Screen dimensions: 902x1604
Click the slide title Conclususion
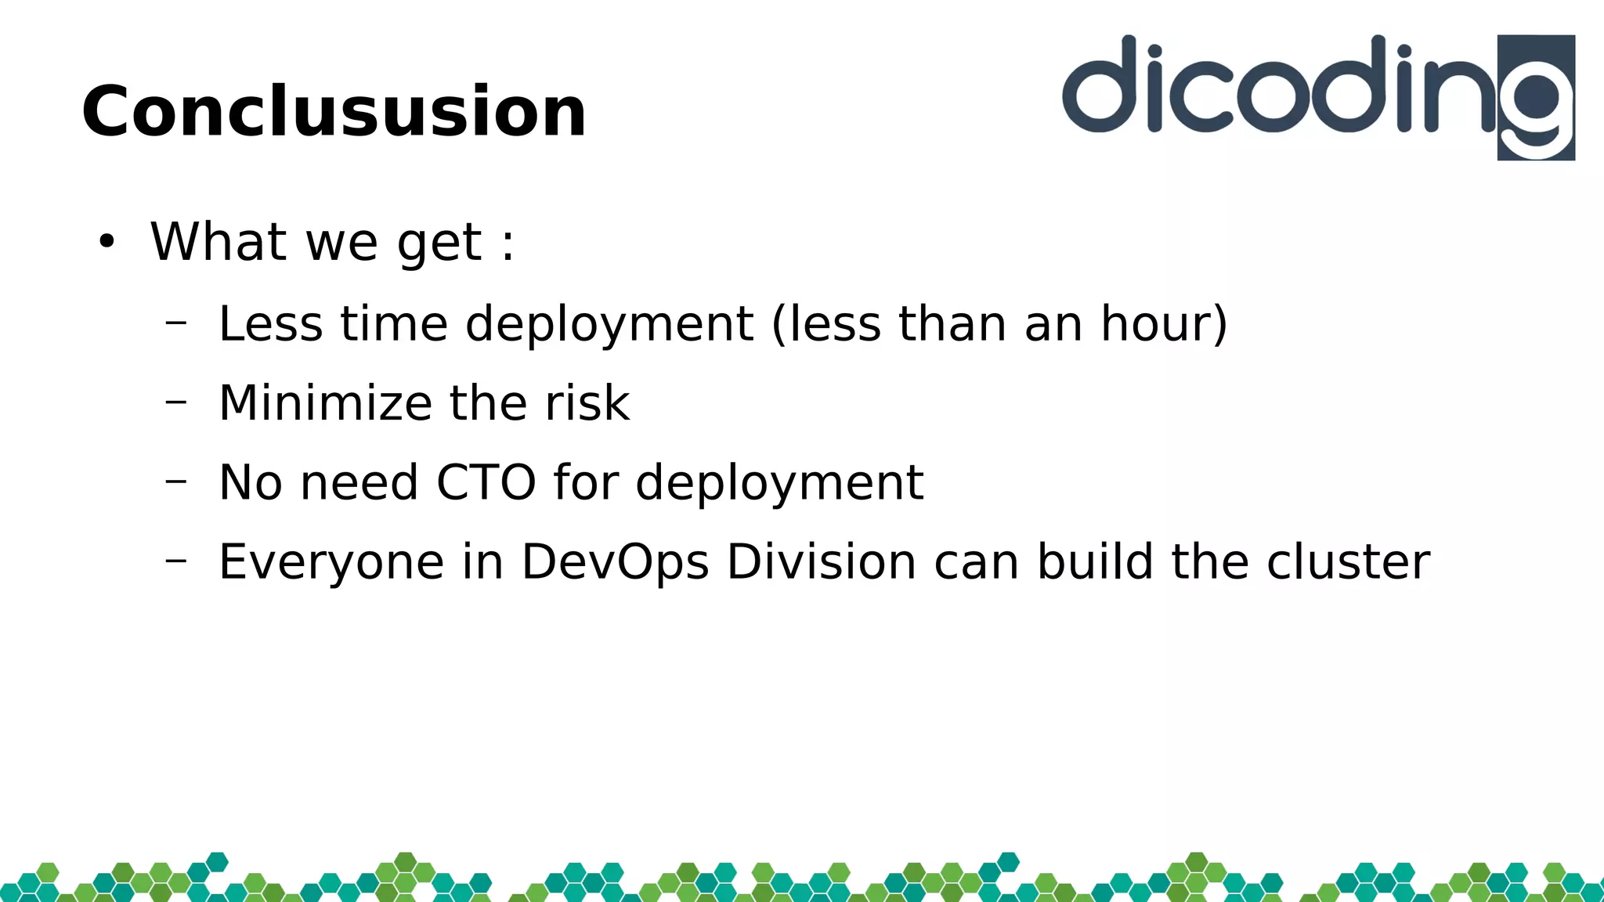pos(334,112)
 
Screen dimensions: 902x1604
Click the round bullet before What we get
pos(107,242)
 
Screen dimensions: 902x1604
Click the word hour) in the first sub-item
pos(1164,323)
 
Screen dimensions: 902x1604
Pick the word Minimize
pos(324,403)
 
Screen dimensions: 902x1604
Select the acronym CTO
pos(486,482)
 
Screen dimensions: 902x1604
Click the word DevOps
pos(615,562)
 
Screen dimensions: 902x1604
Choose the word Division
pos(821,562)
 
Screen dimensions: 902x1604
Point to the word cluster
pos(1348,562)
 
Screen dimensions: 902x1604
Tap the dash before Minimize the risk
pos(176,402)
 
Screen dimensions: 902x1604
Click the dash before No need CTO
pos(176,481)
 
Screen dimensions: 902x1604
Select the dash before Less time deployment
pos(176,321)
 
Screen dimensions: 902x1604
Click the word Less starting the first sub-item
pos(270,323)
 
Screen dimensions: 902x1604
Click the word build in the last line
pos(1095,562)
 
